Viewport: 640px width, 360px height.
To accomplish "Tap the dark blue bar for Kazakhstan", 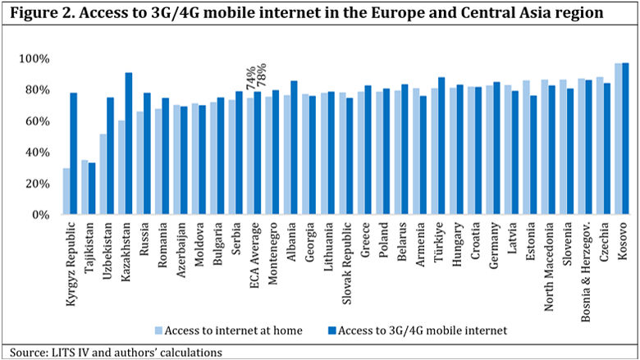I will click(129, 144).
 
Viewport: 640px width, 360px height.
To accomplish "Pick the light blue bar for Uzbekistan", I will click(103, 174).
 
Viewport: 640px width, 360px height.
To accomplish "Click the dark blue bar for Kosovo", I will click(625, 139).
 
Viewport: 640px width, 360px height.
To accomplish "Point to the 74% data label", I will click(250, 80).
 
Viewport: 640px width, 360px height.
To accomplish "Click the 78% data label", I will click(261, 80).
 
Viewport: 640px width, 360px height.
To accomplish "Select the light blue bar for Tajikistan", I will click(85, 187).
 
